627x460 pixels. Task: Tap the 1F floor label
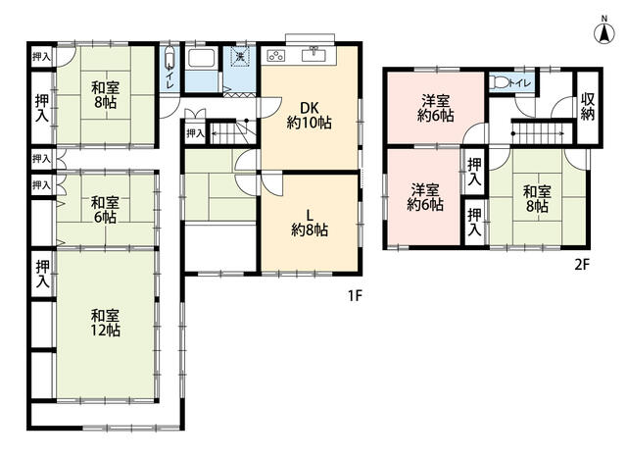(x=355, y=296)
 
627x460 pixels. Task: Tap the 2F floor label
(x=582, y=265)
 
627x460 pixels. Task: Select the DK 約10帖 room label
(x=310, y=116)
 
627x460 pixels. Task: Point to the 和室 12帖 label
(x=105, y=323)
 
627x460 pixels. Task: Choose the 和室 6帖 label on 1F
(x=105, y=209)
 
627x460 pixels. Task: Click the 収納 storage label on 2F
(x=588, y=106)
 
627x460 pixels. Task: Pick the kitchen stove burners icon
(x=276, y=55)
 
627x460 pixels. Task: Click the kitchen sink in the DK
(x=313, y=54)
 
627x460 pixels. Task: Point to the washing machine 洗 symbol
(x=239, y=57)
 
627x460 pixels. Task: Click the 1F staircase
(x=232, y=131)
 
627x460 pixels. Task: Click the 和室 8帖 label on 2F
(x=537, y=199)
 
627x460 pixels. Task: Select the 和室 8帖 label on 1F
(x=105, y=95)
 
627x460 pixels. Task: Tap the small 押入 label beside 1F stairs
(x=195, y=133)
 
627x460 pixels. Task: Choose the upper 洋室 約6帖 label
(x=435, y=108)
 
